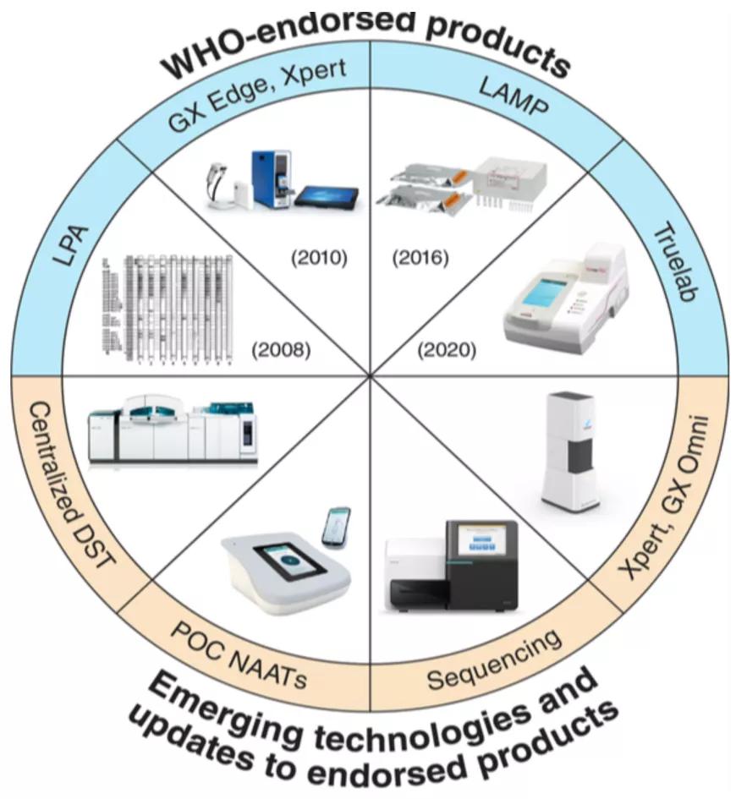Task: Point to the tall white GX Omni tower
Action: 574,448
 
